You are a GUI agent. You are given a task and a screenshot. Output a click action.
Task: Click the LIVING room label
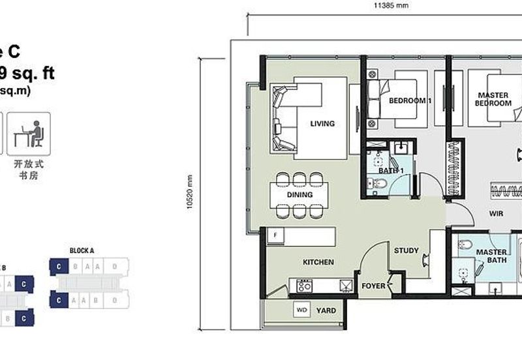click(x=322, y=123)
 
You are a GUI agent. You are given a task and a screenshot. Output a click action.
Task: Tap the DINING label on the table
click(x=299, y=194)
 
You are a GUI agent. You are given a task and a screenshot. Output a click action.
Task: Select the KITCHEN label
click(x=318, y=262)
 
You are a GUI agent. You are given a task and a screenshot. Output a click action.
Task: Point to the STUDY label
click(x=407, y=250)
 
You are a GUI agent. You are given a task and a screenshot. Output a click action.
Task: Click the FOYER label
click(x=373, y=286)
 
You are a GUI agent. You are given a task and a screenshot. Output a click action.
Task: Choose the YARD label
click(x=327, y=310)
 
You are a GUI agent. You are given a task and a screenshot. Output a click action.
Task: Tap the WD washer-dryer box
click(x=302, y=310)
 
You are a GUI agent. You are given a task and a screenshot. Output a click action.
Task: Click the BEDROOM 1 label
click(x=410, y=101)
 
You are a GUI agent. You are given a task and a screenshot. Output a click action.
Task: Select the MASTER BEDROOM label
click(x=493, y=99)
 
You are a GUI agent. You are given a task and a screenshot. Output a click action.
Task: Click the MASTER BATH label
click(x=492, y=256)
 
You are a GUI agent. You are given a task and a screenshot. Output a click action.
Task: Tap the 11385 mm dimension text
click(x=391, y=5)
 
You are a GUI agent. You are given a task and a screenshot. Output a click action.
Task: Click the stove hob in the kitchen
click(x=304, y=285)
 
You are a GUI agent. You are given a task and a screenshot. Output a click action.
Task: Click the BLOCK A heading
click(x=82, y=250)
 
